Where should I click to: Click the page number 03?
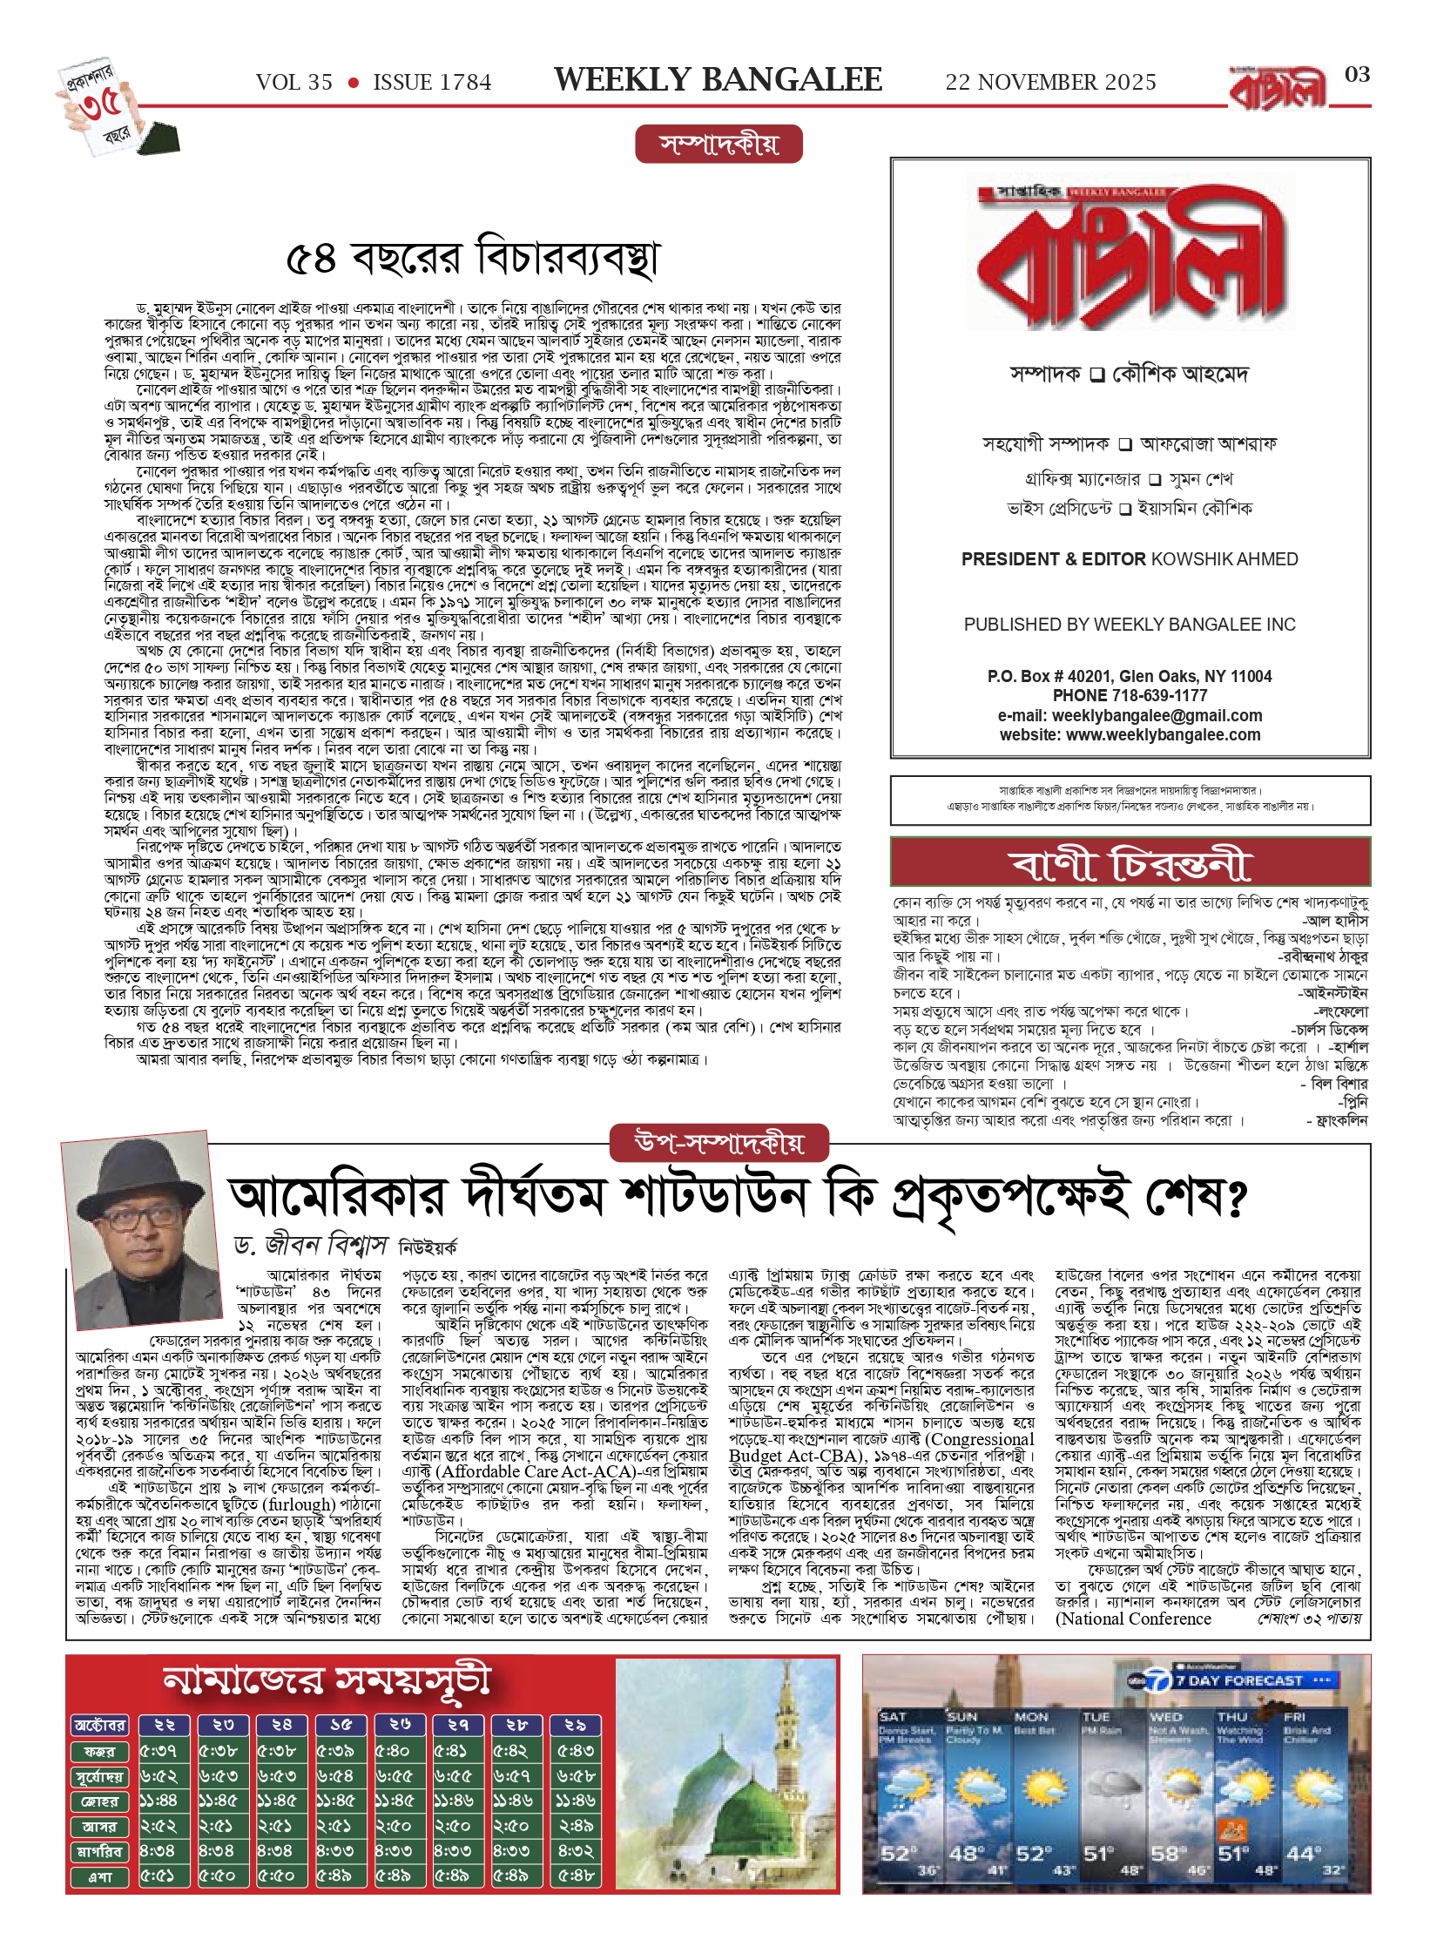pyautogui.click(x=1357, y=75)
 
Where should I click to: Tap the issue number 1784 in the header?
pyautogui.click(x=432, y=83)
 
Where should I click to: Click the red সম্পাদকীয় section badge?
pyautogui.click(x=718, y=145)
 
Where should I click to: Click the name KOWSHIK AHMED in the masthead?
pyautogui.click(x=1224, y=559)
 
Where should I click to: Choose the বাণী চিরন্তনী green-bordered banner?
pyautogui.click(x=1130, y=863)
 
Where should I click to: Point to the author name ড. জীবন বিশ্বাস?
pyautogui.click(x=310, y=1246)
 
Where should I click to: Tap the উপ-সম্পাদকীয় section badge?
pyautogui.click(x=718, y=1143)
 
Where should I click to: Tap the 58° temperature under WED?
pyautogui.click(x=1164, y=1853)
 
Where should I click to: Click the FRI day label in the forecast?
pyautogui.click(x=1294, y=1717)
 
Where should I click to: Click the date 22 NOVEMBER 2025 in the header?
pyautogui.click(x=1050, y=83)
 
